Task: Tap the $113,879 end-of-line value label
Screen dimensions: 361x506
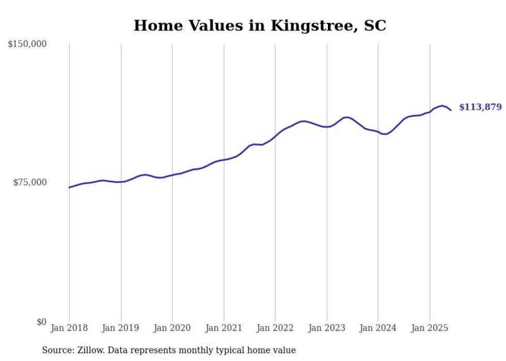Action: coord(480,107)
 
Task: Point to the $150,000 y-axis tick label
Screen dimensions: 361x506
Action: coord(27,44)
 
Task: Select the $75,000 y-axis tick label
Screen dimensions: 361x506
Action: coord(30,182)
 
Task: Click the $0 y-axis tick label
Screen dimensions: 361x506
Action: coord(41,322)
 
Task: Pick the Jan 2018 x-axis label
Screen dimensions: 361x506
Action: coord(69,328)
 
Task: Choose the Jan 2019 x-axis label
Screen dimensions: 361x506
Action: coord(121,328)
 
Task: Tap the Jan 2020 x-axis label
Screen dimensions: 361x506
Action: coord(172,328)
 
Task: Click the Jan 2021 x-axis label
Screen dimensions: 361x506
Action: coord(224,328)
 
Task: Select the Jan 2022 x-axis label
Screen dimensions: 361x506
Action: coord(275,328)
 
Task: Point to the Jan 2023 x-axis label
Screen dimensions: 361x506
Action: coord(326,328)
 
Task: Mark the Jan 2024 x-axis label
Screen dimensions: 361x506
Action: coord(378,328)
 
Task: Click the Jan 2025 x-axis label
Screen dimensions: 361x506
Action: coord(430,328)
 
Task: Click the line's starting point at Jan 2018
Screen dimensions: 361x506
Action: coord(69,187)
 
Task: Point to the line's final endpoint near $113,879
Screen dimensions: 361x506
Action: coord(451,110)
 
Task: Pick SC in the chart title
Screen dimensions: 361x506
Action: coord(375,26)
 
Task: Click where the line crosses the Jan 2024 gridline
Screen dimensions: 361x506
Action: coord(378,132)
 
